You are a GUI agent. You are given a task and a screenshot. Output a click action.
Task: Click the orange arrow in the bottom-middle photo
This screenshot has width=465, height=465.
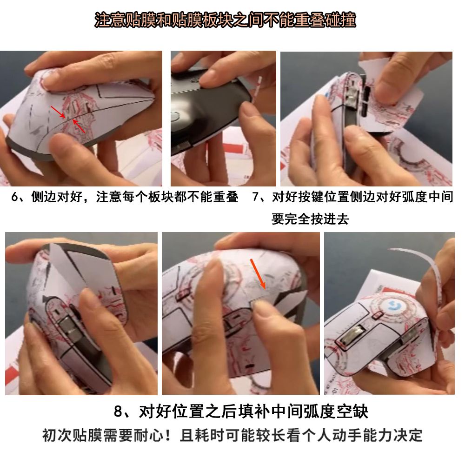(x=258, y=273)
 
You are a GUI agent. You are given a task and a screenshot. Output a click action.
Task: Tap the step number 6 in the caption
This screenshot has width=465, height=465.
(x=15, y=197)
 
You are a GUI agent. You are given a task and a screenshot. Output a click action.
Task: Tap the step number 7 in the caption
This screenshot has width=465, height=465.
(x=256, y=197)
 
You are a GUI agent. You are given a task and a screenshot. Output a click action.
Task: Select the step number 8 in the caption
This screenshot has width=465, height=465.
(x=118, y=412)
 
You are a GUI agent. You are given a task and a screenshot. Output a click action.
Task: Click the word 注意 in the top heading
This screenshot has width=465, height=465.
(x=110, y=20)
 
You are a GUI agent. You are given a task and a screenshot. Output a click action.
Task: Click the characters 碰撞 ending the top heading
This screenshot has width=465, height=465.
(x=340, y=20)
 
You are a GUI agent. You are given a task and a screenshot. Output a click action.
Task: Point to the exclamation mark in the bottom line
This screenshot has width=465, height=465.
(x=168, y=435)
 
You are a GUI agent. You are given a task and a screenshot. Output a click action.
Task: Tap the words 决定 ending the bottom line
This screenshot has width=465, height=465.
(x=408, y=435)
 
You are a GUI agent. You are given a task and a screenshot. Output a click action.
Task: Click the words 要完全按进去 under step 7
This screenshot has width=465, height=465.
(x=310, y=219)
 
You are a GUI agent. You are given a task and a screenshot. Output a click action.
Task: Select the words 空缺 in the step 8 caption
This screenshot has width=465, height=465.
(x=354, y=412)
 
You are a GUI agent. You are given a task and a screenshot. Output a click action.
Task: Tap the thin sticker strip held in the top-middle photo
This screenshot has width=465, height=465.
(x=257, y=89)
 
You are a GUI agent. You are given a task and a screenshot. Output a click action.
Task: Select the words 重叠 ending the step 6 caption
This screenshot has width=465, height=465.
(x=226, y=197)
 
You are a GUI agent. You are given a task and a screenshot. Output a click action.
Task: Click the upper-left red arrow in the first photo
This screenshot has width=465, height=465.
(x=58, y=112)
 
